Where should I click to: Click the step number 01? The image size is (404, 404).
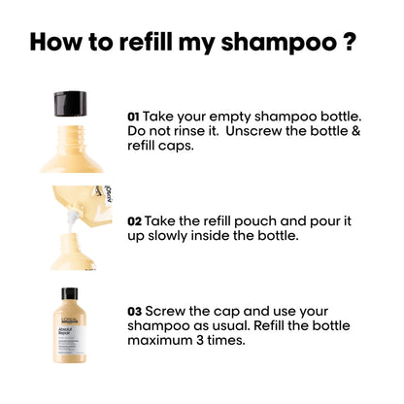pos(135,115)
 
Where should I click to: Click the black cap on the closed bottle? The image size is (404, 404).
pos(70,293)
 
